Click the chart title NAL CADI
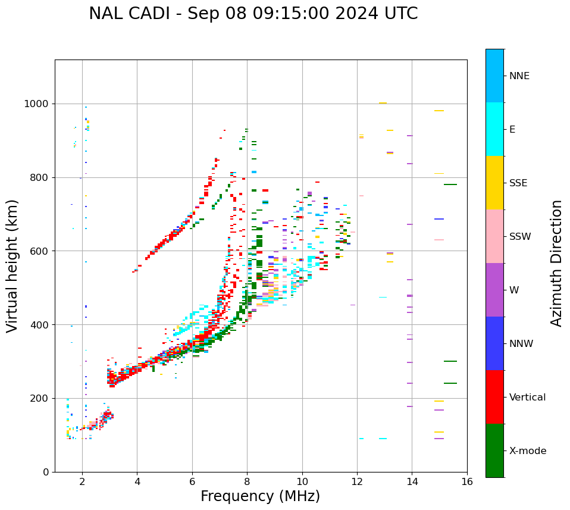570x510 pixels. click(253, 14)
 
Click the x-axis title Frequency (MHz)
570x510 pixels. click(260, 496)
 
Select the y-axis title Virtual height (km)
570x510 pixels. click(12, 265)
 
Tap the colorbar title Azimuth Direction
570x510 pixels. click(556, 263)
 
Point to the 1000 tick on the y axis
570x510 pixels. click(39, 104)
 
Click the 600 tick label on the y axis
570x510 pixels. click(42, 251)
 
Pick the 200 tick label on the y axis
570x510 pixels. click(42, 398)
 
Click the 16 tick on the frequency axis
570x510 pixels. click(467, 481)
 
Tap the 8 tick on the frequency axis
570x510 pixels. click(247, 481)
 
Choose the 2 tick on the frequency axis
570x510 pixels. click(82, 481)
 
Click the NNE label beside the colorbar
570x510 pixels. click(519, 76)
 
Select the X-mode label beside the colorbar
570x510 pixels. click(528, 450)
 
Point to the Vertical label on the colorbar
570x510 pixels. click(527, 397)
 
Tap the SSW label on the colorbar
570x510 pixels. click(520, 236)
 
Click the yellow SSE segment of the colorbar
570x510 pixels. click(494, 183)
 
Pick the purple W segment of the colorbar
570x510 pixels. click(494, 290)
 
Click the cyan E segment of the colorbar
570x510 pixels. click(494, 129)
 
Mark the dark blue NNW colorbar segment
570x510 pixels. click(494, 343)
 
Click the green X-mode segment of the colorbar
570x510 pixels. click(494, 450)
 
